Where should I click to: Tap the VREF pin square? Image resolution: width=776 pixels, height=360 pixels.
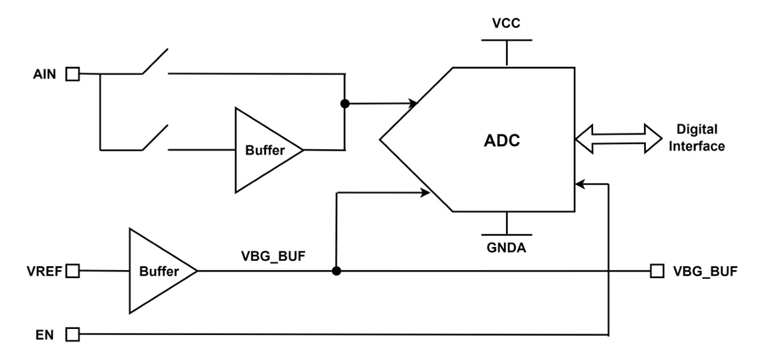[x=73, y=270]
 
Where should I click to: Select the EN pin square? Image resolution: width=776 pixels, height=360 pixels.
[x=73, y=335]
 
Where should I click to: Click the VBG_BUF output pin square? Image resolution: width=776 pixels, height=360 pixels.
[x=657, y=270]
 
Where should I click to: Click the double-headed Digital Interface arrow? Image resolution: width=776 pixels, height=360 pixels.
[x=618, y=138]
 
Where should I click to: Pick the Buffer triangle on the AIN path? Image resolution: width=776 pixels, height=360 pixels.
[x=262, y=151]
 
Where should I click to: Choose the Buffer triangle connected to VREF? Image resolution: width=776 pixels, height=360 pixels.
[x=157, y=271]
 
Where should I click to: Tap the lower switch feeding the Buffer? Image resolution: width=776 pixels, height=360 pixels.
[x=154, y=139]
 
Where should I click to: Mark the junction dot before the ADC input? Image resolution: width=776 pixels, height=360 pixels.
[x=344, y=104]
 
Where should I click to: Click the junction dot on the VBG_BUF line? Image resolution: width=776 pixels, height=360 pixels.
[x=336, y=271]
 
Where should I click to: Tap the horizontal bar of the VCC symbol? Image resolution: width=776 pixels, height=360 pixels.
[x=506, y=40]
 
